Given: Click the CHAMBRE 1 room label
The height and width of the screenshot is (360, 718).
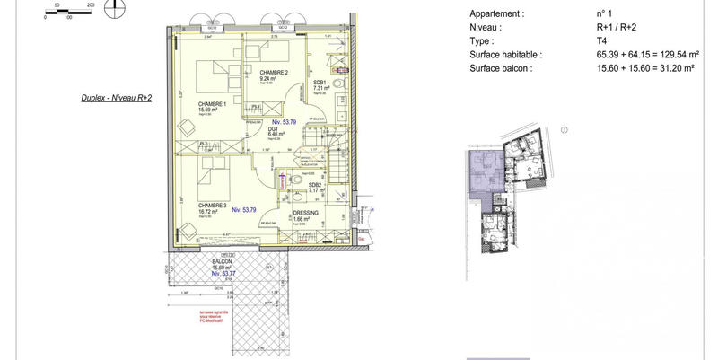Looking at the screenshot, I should [214, 103].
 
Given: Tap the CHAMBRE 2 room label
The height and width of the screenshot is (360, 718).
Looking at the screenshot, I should [274, 72].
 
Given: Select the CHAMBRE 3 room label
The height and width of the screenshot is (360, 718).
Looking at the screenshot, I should [213, 205].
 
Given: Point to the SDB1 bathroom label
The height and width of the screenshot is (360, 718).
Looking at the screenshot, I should [320, 82].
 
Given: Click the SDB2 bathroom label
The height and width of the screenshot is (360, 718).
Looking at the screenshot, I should [315, 184].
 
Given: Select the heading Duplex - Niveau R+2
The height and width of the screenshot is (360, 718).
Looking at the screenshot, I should [115, 99].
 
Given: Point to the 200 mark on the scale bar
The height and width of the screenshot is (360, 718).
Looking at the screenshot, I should [91, 4].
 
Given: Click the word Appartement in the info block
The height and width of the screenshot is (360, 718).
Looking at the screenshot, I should [496, 13].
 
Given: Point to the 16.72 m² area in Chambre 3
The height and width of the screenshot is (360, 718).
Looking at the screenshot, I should [210, 211].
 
